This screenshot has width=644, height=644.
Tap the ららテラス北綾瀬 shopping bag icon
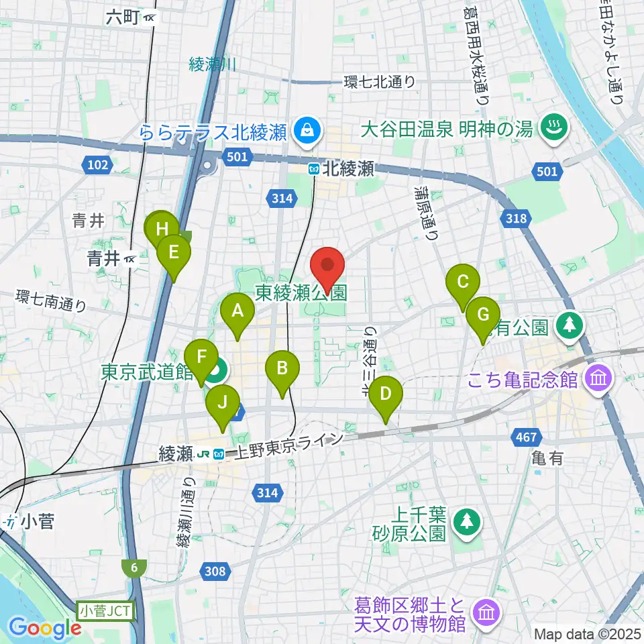307,128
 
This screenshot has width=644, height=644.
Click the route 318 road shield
517,217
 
